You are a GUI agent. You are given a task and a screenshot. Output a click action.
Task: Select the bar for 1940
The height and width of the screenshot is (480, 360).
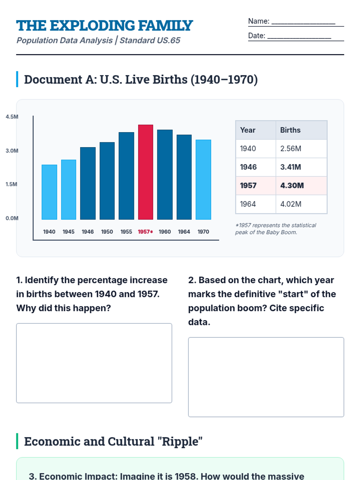(x=49, y=192)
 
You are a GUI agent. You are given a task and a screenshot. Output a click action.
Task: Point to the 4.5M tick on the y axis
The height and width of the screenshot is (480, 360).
(x=12, y=117)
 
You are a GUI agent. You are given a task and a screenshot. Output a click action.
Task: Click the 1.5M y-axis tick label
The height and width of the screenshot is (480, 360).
(x=11, y=184)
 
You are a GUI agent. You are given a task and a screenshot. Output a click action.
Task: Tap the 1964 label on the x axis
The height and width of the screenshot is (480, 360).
(x=184, y=232)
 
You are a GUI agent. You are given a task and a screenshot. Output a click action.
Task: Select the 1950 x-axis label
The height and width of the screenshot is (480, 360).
(x=107, y=232)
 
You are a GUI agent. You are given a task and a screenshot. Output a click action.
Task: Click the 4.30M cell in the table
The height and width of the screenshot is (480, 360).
(x=292, y=185)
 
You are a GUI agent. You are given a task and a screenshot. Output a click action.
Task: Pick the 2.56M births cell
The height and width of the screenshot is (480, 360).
(x=290, y=148)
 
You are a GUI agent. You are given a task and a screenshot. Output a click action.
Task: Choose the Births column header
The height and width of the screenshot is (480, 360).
(x=290, y=130)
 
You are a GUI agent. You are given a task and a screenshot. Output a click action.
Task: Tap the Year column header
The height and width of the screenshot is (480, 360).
(x=247, y=130)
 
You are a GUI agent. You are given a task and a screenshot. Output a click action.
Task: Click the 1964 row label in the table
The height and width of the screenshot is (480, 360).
(x=248, y=204)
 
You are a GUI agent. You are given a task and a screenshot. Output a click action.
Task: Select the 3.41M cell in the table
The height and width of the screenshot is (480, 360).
(x=290, y=167)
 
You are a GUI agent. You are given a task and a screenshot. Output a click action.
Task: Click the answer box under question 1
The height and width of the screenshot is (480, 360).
(x=94, y=363)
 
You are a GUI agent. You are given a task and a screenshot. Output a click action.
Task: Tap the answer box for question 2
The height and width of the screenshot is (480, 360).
(x=266, y=377)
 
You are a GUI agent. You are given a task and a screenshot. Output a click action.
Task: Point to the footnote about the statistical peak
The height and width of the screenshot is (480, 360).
(x=275, y=229)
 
